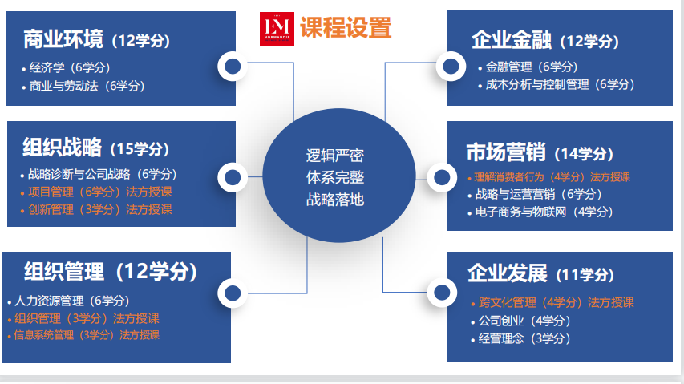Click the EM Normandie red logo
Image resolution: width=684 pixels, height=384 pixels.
pos(277,29)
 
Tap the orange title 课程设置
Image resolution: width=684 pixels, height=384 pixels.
pos(346,27)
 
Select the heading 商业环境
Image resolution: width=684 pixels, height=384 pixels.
pos(63,39)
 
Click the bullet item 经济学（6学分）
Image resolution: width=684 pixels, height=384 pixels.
pos(70,67)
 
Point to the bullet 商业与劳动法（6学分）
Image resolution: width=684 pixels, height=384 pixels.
pos(87,86)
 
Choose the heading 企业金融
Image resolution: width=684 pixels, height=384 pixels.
pos(512,40)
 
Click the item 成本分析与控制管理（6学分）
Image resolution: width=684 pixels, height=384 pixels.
pos(561,84)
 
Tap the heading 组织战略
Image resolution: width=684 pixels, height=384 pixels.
pos(62,147)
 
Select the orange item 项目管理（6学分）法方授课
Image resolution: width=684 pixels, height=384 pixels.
pos(100,192)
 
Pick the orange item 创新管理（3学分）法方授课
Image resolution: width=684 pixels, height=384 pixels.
pos(100,210)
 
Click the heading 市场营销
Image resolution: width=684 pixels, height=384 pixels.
pos(506,152)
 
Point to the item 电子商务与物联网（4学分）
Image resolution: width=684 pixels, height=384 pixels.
pos(544,212)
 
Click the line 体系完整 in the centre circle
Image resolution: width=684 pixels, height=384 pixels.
pos(335,177)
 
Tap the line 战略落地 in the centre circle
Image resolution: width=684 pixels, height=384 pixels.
pos(335,200)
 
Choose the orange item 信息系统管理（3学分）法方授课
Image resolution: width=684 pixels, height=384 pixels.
pos(87,335)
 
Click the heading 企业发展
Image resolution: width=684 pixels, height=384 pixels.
pos(508,273)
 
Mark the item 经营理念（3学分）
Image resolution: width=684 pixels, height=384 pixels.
pos(524,338)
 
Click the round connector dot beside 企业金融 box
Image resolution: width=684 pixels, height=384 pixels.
pos(451,67)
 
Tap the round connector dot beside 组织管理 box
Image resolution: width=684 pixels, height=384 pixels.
pos(233,293)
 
